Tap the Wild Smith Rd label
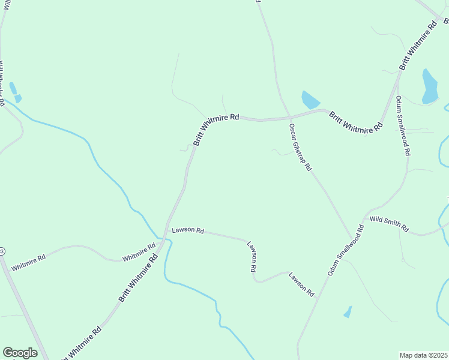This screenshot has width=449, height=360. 389,224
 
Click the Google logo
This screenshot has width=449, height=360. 20,353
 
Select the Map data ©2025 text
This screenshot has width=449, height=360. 424,355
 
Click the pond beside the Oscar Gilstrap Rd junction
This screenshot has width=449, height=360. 310,100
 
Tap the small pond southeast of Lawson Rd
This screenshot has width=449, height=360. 347,311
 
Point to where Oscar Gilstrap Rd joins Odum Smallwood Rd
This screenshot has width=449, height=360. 353,240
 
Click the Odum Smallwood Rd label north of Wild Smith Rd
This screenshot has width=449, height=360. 402,125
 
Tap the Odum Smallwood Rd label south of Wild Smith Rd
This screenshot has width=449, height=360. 346,251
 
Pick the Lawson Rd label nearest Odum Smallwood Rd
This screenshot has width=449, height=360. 301,284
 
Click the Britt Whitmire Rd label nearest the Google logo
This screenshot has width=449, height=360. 80,344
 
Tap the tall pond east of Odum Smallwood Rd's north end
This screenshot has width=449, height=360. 429,86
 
